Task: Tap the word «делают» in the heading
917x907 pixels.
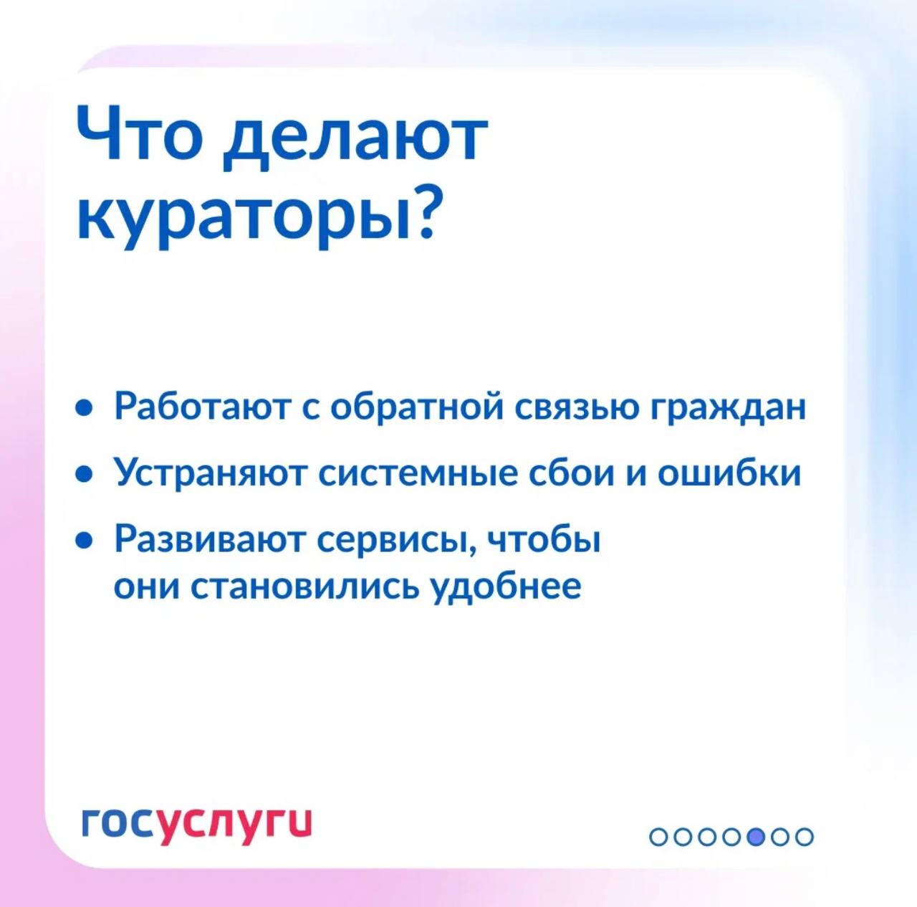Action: point(355,139)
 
